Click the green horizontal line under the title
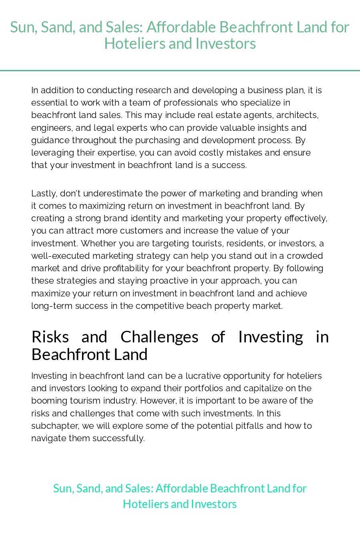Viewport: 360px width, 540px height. (180, 70)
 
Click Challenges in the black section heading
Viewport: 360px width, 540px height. (159, 337)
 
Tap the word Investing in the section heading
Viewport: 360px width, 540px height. (270, 337)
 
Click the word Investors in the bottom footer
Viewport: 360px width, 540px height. (214, 504)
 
